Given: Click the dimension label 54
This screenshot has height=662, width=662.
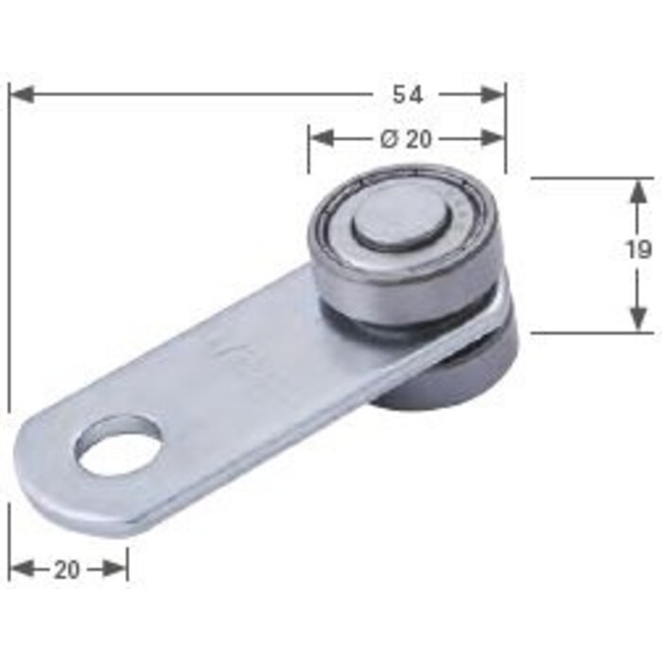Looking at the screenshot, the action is pos(408,95).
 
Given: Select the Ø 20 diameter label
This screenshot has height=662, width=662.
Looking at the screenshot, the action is pos(406,139).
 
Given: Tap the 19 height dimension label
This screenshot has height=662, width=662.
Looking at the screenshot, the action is pos(638,251).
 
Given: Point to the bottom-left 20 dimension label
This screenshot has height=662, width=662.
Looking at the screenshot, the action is pos(67,570).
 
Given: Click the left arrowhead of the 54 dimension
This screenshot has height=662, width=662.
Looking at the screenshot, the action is pos(21,95).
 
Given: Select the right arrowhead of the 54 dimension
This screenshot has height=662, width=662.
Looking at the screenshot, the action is pos(493,95).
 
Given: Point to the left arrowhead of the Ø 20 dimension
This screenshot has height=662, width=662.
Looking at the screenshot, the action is pos(322,138).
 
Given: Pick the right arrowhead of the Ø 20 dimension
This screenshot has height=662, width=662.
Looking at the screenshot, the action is pos(493,138).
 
